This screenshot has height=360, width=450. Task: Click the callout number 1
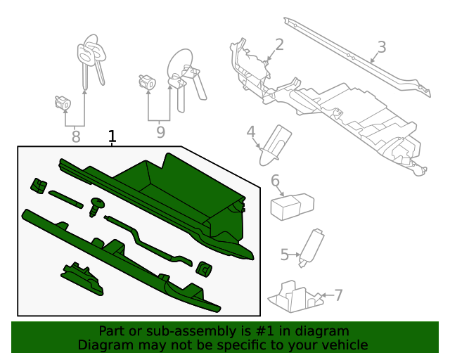tap(112, 136)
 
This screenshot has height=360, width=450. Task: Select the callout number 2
tap(279, 45)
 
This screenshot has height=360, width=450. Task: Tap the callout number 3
tap(381, 47)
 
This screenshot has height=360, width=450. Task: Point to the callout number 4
tap(250, 131)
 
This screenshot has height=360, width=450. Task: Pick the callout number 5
tap(284, 254)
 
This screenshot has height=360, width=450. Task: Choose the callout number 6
tap(275, 181)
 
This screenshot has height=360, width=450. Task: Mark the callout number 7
tap(338, 295)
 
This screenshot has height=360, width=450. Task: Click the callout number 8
tap(75, 136)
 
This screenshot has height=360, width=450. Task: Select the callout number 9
tap(160, 131)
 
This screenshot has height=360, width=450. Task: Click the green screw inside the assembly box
tap(96, 207)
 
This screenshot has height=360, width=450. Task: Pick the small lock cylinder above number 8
tap(63, 104)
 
